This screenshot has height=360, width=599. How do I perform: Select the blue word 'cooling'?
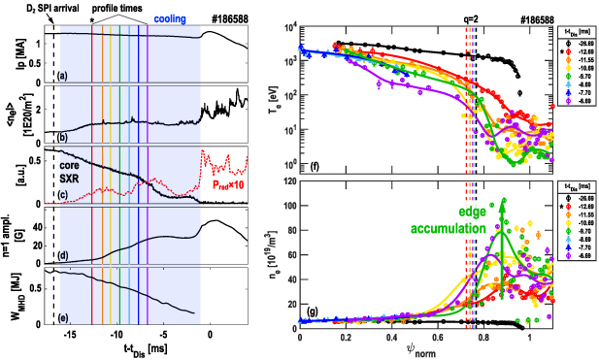click(x=172, y=17)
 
